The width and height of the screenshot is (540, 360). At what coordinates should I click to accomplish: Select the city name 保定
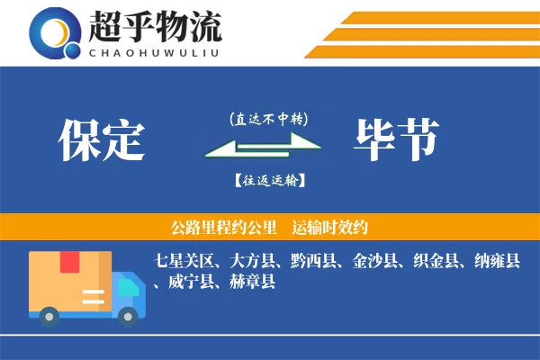pos(101,139)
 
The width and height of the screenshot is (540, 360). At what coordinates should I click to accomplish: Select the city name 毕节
pos(397,139)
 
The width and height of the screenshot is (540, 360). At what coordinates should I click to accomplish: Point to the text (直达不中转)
pos(268,118)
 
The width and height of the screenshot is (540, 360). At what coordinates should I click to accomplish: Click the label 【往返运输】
pos(268,181)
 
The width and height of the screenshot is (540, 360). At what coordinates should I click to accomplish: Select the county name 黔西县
pos(314,262)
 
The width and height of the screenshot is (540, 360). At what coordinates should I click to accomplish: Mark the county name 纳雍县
pos(498,262)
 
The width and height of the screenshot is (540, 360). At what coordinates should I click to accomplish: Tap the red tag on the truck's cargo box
pos(70,262)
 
